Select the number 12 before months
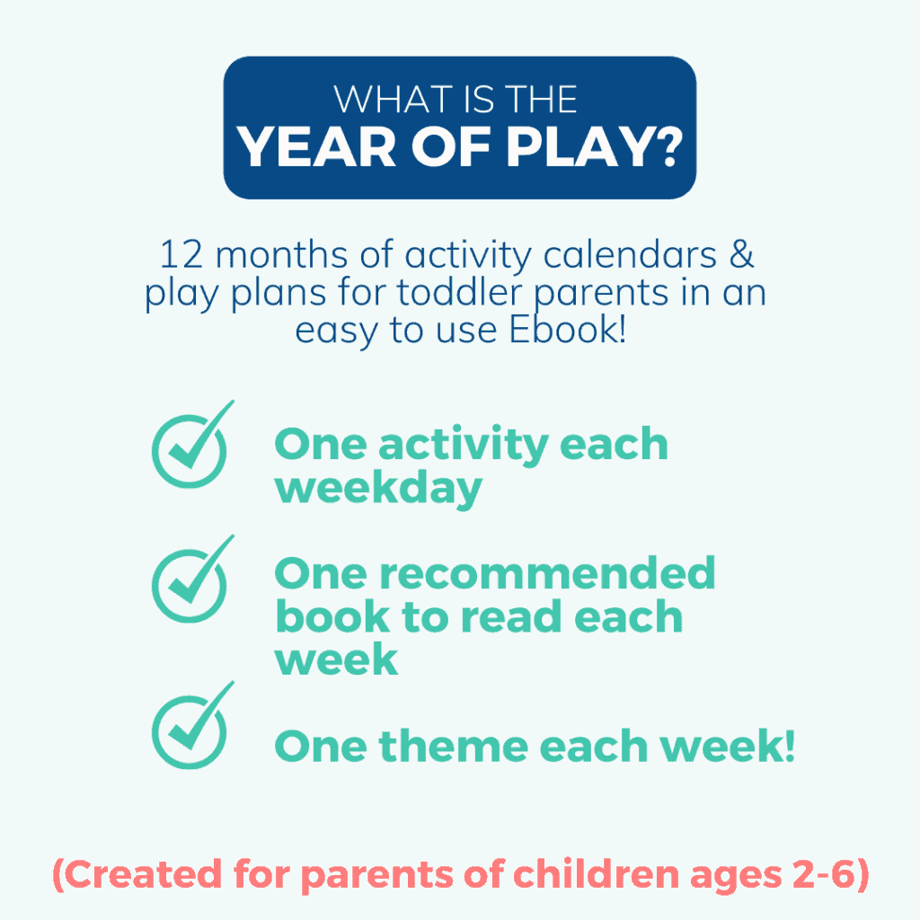tap(181, 254)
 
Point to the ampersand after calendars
tap(741, 254)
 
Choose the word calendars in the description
tap(630, 254)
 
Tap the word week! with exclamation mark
tap(728, 746)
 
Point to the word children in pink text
tap(596, 874)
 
